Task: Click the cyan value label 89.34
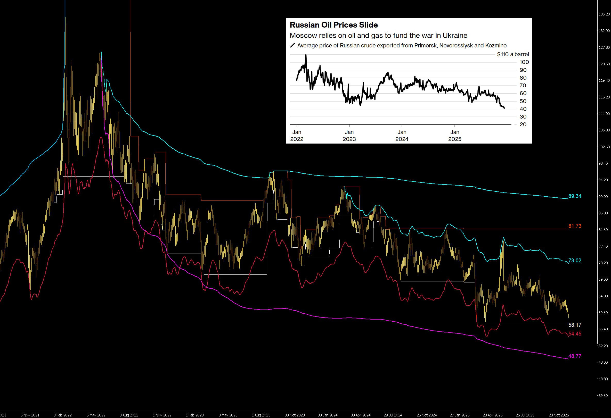tap(575, 196)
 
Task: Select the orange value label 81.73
tap(575, 226)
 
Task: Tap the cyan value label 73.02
tap(575, 261)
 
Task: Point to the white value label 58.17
tap(575, 325)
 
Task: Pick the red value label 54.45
tap(575, 334)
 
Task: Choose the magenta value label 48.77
tap(575, 356)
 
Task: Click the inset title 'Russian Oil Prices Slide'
tap(334, 25)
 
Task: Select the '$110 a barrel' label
tap(513, 54)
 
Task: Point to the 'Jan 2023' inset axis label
tap(349, 136)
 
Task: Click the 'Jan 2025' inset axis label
tap(455, 136)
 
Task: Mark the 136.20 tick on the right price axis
tap(604, 14)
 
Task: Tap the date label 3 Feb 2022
tap(63, 415)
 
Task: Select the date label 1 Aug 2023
tap(261, 415)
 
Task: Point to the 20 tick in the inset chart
tap(523, 124)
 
